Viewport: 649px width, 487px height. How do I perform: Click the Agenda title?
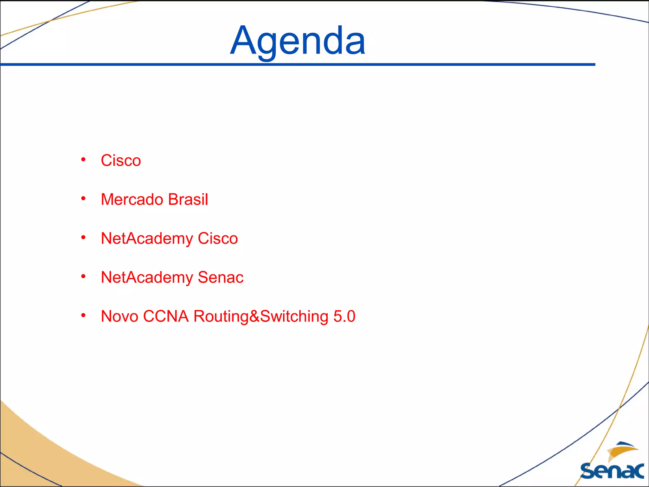298,41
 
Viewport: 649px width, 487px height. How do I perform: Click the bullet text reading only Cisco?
121,160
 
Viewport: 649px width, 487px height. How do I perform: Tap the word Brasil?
188,199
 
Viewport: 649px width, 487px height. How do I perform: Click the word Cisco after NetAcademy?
218,238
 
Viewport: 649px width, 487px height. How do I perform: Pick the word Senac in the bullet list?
221,277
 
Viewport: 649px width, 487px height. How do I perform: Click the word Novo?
119,316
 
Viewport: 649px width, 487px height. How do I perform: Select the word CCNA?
166,316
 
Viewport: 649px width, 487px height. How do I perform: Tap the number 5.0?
344,316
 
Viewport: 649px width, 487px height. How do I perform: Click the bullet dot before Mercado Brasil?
83,198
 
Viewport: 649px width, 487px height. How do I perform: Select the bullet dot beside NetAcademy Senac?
83,276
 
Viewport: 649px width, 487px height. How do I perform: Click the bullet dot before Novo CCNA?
83,315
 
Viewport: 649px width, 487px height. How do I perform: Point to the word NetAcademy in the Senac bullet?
147,278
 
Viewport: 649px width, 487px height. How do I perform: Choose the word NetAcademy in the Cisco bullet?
147,239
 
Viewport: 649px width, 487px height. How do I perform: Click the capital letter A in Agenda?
242,41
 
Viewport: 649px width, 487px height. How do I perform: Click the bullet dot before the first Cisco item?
83,159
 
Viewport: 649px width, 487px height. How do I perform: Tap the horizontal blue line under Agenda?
298,64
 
